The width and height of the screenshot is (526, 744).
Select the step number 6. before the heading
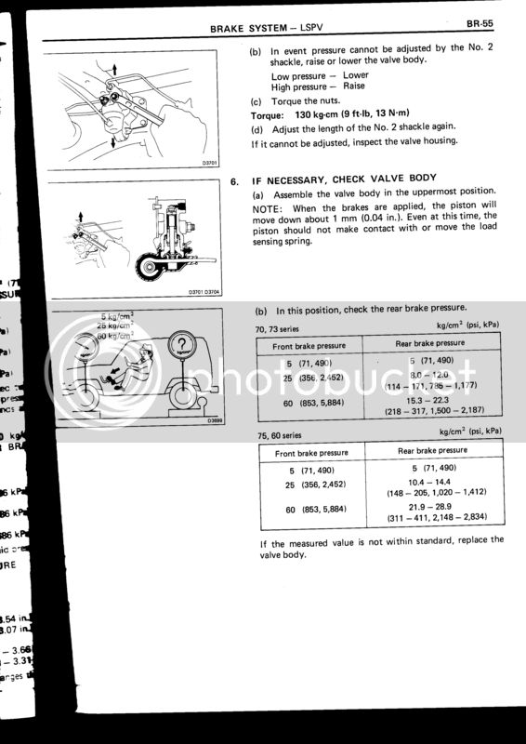point(234,177)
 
